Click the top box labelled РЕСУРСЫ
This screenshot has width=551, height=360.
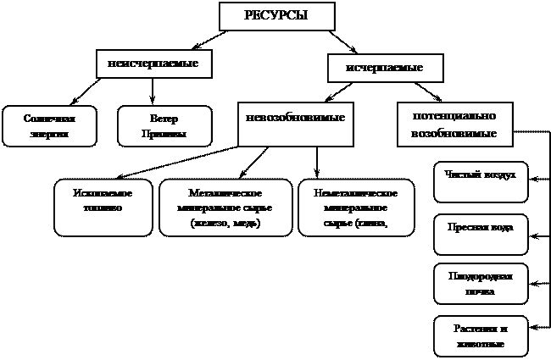click(276, 16)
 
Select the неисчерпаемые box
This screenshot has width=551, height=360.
click(153, 64)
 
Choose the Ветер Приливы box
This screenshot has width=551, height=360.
click(164, 126)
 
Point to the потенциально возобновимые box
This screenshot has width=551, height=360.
click(454, 125)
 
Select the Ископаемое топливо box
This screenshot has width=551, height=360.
click(103, 207)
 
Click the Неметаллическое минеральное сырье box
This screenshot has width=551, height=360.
click(356, 207)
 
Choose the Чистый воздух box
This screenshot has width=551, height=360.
click(481, 181)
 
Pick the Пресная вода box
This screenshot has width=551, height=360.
click(481, 235)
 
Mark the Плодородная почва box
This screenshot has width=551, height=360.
click(481, 284)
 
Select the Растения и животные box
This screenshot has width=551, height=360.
click(481, 336)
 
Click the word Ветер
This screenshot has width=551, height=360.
click(164, 119)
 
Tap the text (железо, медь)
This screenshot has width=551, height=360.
click(225, 224)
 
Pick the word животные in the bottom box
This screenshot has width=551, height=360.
click(481, 345)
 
